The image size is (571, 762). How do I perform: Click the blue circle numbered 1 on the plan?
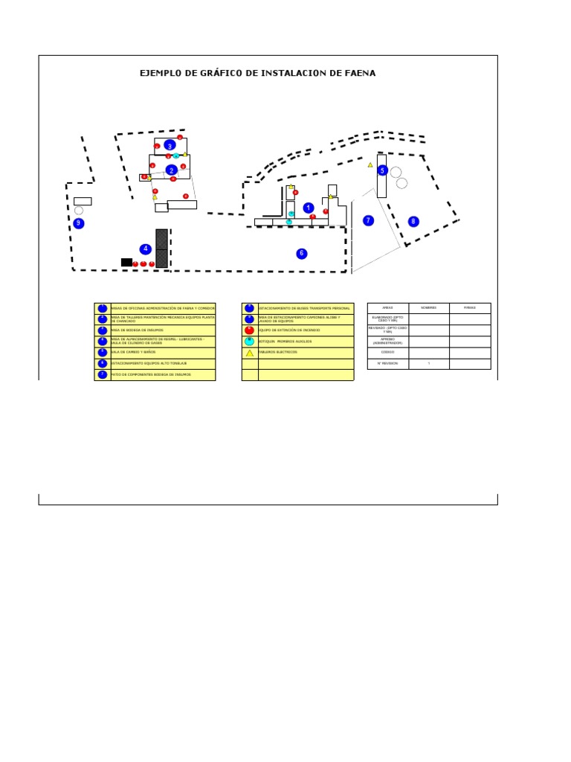point(309,208)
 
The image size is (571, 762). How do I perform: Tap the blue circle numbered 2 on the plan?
point(172,170)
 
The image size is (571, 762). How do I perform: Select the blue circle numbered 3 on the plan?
point(170,145)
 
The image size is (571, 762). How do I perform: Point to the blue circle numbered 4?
point(146,249)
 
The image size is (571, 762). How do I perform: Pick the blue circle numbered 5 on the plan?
point(382,170)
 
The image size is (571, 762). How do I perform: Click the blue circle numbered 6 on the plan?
point(301,254)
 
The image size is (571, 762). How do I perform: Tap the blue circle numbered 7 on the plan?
point(367,220)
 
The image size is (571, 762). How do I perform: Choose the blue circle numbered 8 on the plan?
point(413,221)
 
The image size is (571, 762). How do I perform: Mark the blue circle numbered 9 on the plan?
point(79,223)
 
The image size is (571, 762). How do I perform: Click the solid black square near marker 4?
point(126,262)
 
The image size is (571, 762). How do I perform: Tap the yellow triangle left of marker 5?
point(370,164)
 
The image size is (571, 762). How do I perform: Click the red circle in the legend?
point(249,330)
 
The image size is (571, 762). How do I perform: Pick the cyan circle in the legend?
point(249,342)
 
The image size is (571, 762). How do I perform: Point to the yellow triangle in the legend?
point(250,353)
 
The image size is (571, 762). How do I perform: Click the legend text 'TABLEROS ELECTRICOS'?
point(278,352)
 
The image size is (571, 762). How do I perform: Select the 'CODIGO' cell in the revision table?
point(387,352)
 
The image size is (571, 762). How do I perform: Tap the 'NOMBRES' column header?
point(428,307)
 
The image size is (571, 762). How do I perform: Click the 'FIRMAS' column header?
point(469,307)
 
